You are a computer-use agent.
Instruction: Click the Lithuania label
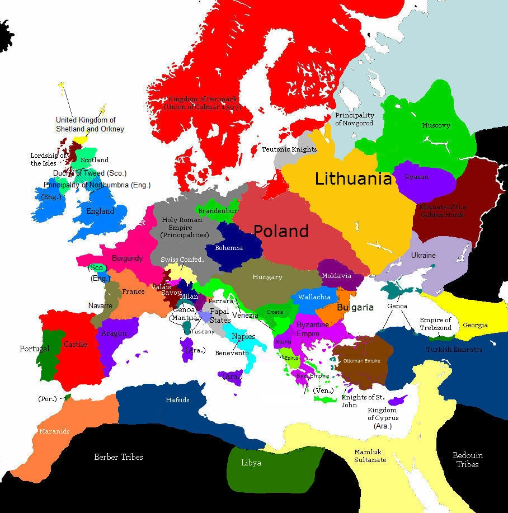(353, 179)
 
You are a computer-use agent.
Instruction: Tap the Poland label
(281, 231)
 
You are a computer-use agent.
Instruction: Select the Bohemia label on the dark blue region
(228, 248)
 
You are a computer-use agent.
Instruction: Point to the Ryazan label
(417, 177)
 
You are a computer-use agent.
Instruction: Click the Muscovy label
(436, 125)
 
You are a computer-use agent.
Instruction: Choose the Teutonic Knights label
(289, 149)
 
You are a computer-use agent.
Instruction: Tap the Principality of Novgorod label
(354, 119)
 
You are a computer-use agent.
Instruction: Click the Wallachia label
(314, 297)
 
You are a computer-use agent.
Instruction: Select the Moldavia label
(337, 276)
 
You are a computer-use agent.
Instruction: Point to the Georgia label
(475, 325)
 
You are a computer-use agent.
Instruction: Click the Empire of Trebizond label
(435, 324)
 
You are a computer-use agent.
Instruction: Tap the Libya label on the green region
(251, 463)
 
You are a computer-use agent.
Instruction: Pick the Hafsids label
(177, 400)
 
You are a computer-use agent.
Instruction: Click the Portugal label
(35, 349)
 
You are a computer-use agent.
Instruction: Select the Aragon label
(113, 333)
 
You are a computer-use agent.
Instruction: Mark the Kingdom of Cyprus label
(382, 418)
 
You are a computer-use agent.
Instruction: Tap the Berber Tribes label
(118, 457)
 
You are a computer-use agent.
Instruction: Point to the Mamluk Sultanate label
(370, 456)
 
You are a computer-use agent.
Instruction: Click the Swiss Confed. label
(182, 260)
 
